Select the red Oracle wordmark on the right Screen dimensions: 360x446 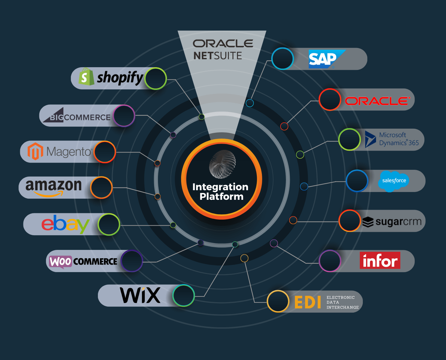(377, 101)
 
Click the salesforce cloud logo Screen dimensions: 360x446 (393, 181)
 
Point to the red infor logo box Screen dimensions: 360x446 (380, 260)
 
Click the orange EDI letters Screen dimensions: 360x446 (308, 302)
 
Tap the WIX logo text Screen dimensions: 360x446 (140, 295)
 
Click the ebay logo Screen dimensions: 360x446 (65, 224)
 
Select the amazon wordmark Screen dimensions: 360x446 (53, 186)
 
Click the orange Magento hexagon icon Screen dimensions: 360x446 (35, 151)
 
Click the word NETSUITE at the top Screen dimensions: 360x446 (217, 56)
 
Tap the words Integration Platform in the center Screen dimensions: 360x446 (221, 192)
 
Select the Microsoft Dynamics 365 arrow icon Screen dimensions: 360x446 (370, 139)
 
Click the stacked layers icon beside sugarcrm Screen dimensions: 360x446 (368, 222)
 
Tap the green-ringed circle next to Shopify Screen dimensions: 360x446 (155, 79)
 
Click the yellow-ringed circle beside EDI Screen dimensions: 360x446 (278, 301)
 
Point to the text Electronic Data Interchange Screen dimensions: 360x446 (342, 302)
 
